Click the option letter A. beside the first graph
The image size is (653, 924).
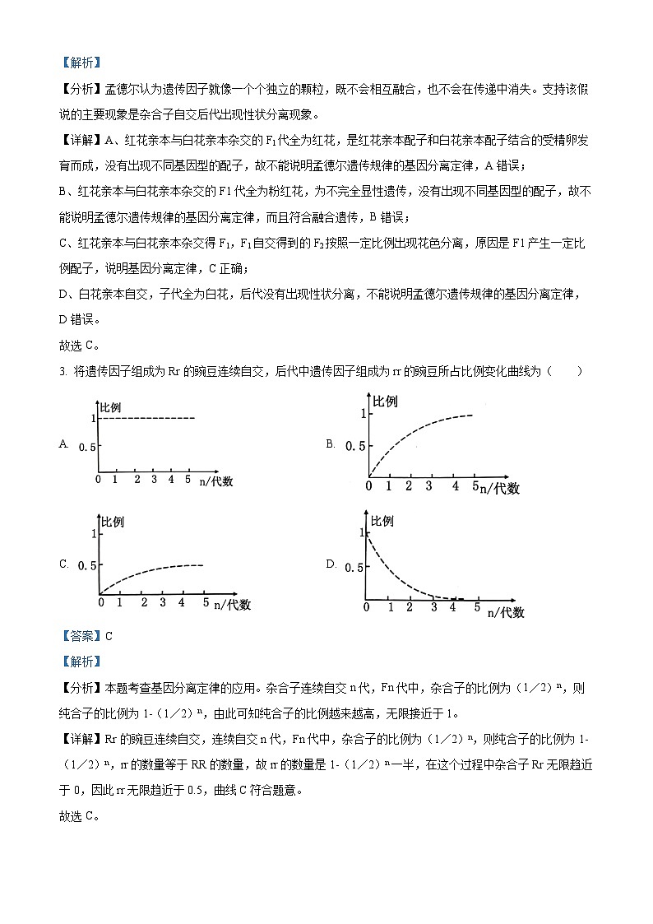pos(63,443)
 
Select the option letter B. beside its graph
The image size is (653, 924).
pos(330,444)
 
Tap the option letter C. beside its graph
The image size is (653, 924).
pos(63,564)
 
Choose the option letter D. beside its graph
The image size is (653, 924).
pos(331,564)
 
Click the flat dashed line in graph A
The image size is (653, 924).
pos(148,419)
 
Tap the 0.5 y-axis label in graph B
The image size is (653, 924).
pos(354,446)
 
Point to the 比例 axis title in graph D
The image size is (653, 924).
pos(382,522)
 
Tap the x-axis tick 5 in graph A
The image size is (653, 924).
pos(188,479)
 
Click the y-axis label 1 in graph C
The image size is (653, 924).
pos(95,534)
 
